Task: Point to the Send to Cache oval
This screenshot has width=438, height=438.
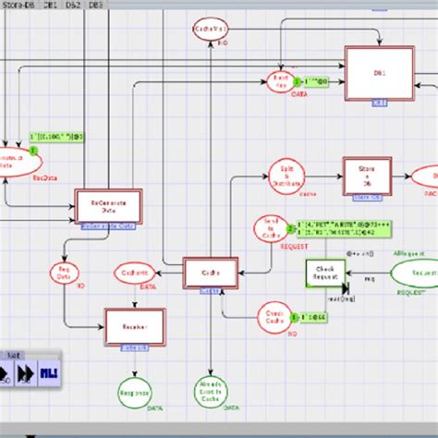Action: pyautogui.click(x=271, y=226)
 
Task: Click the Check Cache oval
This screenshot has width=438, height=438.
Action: pyautogui.click(x=274, y=314)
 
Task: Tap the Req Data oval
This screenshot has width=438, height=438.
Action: pyautogui.click(x=64, y=275)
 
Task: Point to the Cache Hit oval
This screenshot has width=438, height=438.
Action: pyautogui.click(x=133, y=273)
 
